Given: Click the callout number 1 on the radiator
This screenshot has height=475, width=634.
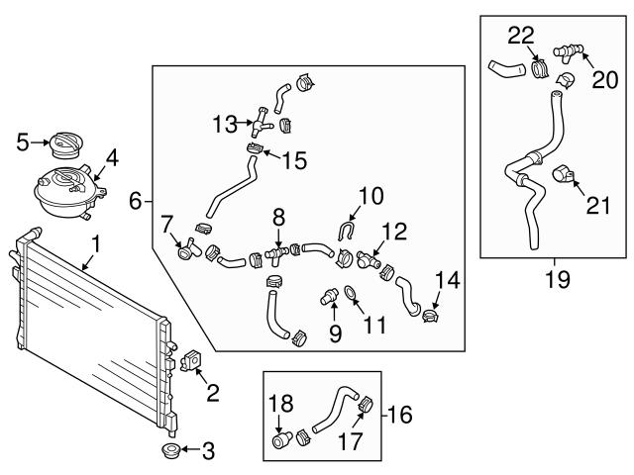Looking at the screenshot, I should [x=95, y=242].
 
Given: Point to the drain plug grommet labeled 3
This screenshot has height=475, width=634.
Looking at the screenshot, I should [x=170, y=454].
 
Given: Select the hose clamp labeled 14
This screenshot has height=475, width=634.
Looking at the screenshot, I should [x=431, y=317].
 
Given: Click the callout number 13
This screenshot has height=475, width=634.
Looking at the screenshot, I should [x=224, y=124].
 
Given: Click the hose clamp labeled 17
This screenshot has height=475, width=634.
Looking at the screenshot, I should [x=363, y=404].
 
